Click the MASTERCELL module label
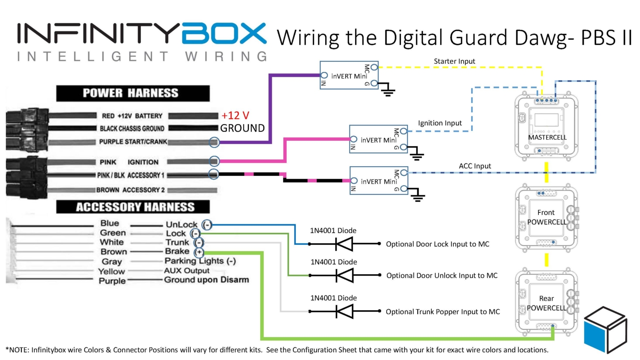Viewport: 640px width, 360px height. pos(547,137)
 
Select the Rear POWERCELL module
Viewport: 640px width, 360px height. pos(546,303)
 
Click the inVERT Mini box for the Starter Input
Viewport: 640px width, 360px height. pos(349,75)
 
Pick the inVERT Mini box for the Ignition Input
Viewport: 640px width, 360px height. pos(378,139)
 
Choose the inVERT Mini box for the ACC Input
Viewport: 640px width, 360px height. pos(378,180)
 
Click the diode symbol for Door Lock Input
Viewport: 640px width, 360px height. pos(344,244)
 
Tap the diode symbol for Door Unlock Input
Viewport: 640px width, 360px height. pos(344,276)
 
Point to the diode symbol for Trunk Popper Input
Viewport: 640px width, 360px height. pos(344,311)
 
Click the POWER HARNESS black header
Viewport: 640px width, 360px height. pos(133,93)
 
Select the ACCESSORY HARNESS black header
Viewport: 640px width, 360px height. pos(133,207)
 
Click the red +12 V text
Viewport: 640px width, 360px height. pos(235,116)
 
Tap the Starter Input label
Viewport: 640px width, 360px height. pos(454,61)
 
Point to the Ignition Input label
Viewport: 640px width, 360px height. pos(439,123)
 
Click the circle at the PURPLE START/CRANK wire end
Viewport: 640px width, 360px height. pos(214,142)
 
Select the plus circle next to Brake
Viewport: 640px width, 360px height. pos(199,252)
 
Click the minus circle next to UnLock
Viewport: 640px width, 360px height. pos(207,225)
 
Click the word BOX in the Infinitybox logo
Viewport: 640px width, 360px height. pos(224,33)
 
